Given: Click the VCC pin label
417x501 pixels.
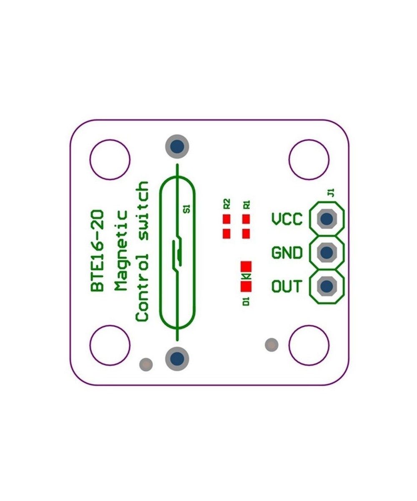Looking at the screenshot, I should click(287, 219).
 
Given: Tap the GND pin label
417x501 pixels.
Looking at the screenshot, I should click(287, 253).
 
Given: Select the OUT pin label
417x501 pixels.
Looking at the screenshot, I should click(287, 287).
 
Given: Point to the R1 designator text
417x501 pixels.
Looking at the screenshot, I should click(246, 204).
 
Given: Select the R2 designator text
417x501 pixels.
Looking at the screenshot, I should click(227, 203).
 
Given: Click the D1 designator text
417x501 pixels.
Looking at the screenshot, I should click(246, 301).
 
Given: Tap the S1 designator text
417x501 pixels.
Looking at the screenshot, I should click(187, 208).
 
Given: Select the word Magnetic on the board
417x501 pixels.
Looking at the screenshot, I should click(121, 250).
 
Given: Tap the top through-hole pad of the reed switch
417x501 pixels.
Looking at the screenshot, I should click(177, 147).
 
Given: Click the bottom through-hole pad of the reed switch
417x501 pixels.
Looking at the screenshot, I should click(177, 359).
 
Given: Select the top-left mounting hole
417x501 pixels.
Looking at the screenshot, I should click(110, 160).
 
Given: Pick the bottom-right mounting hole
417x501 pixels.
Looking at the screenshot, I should click(309, 345).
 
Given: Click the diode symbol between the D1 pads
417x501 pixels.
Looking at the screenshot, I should click(246, 276).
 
